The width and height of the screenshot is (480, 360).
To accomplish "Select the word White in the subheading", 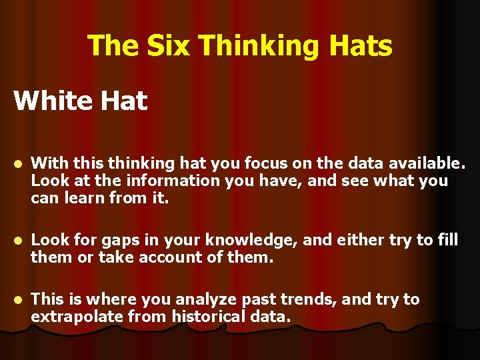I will pyautogui.click(x=49, y=101).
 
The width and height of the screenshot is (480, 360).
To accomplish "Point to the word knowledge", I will pyautogui.click(x=245, y=240).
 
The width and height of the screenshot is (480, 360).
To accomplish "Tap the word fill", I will pyautogui.click(x=447, y=240).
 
